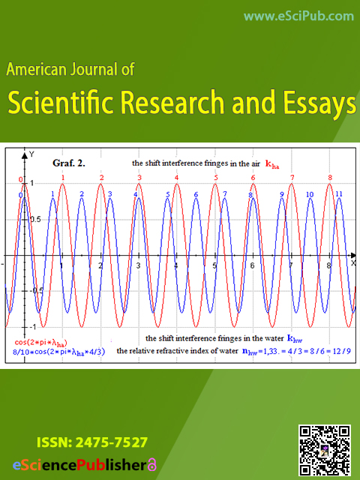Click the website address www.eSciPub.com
click(x=298, y=16)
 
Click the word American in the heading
click(x=37, y=69)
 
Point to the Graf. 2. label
click(x=69, y=163)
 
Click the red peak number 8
click(x=330, y=178)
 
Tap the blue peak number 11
click(x=339, y=193)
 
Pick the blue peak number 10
click(x=310, y=194)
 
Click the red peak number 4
click(x=177, y=178)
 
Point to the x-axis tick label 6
click(x=252, y=265)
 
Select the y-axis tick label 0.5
click(x=35, y=220)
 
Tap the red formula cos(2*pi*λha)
click(x=40, y=343)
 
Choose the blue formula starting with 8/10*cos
click(x=58, y=352)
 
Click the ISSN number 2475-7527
click(x=112, y=442)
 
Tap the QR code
click(x=325, y=451)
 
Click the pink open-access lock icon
click(x=151, y=465)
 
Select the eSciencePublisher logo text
click(x=79, y=465)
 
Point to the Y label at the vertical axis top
click(x=31, y=154)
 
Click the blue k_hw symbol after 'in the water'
click(x=295, y=338)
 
